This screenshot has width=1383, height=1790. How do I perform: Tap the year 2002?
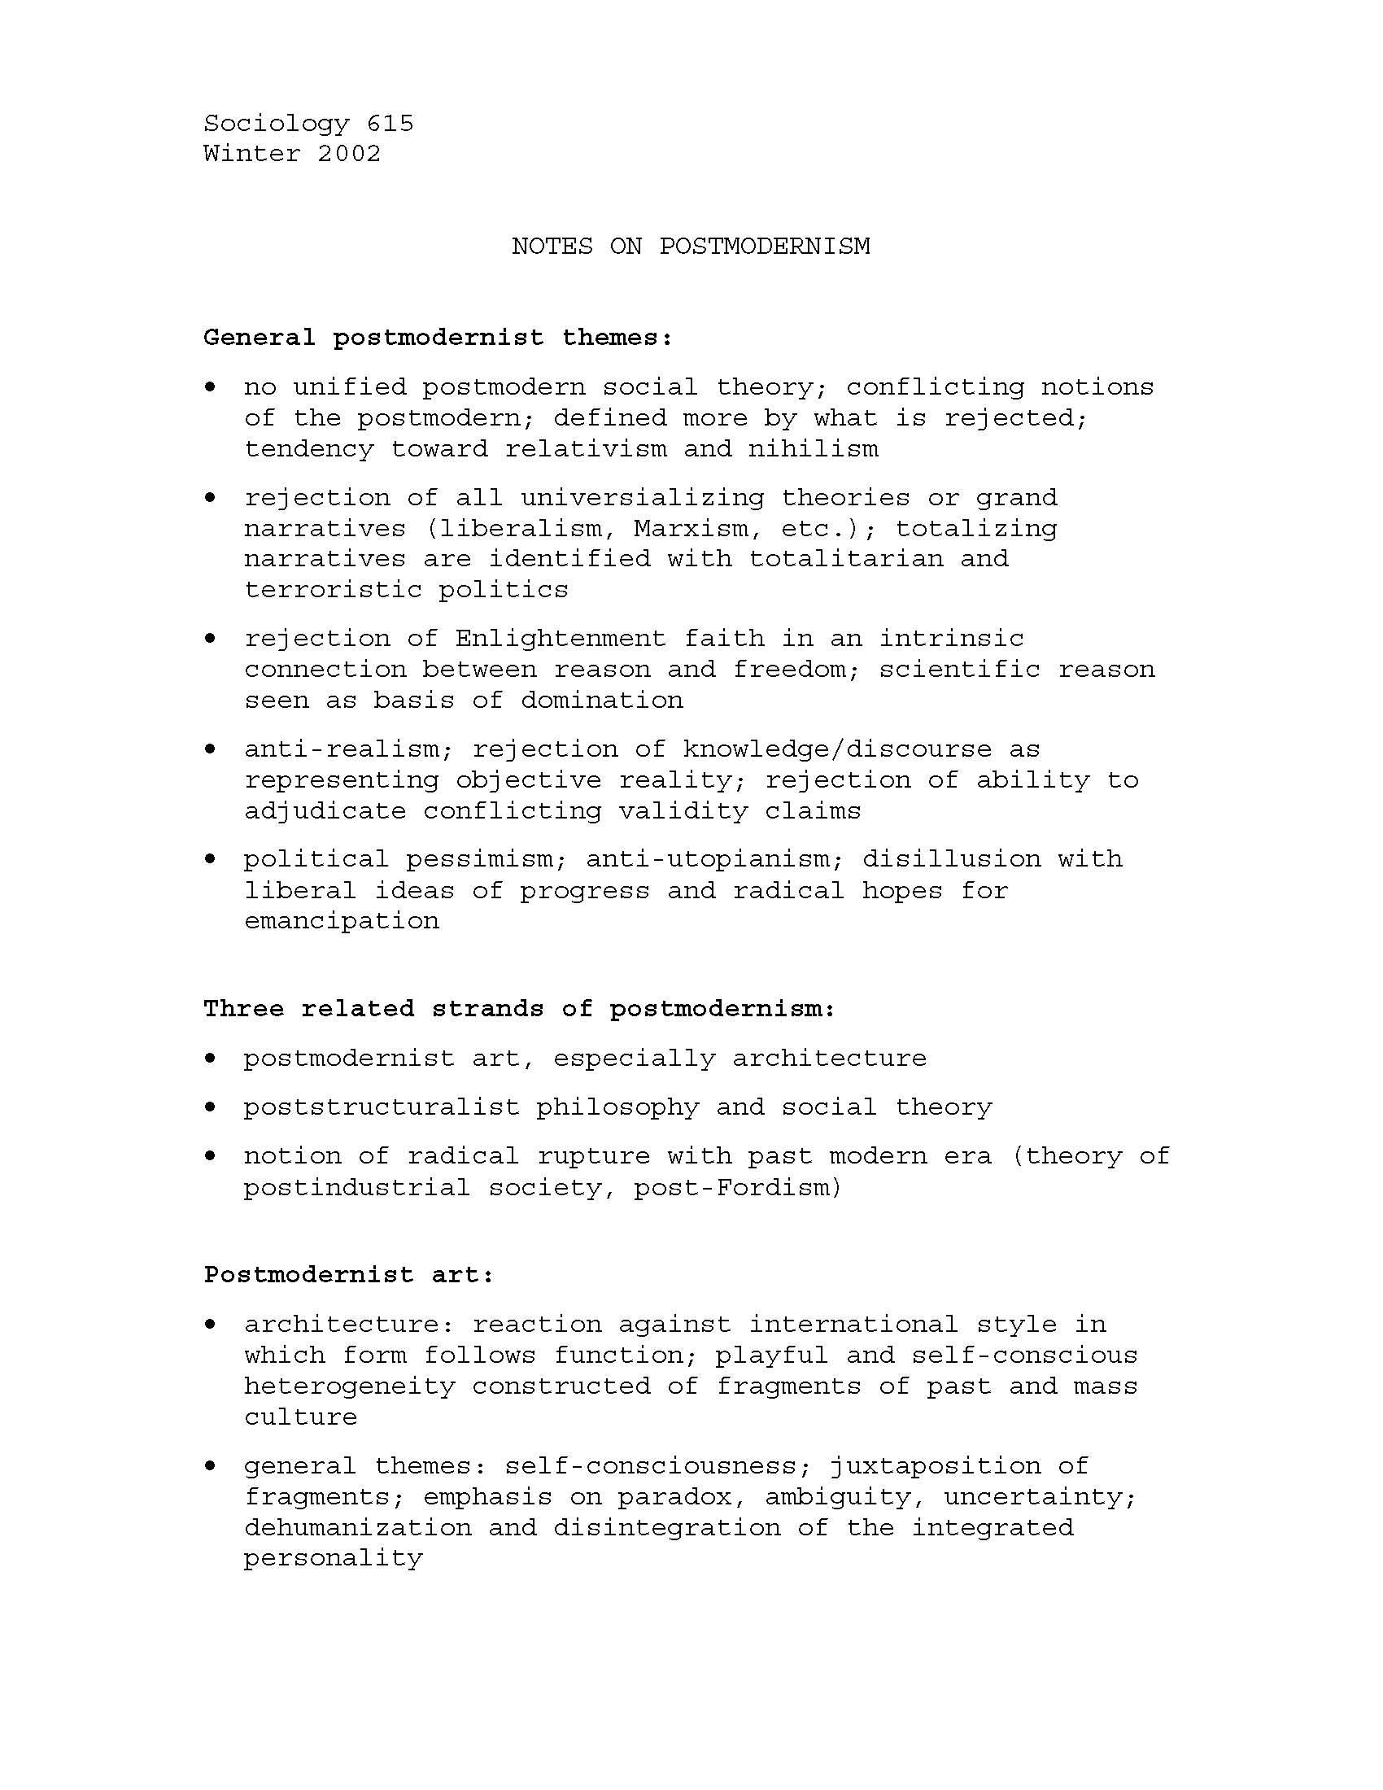(x=349, y=153)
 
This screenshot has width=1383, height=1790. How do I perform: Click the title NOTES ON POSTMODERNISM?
(x=691, y=246)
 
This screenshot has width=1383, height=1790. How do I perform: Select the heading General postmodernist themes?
(x=438, y=338)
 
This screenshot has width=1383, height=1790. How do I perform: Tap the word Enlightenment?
(x=561, y=639)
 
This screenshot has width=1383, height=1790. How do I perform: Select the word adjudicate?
(x=325, y=811)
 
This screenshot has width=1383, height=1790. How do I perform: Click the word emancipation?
(x=341, y=921)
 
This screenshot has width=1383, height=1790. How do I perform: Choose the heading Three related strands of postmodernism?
(x=519, y=1009)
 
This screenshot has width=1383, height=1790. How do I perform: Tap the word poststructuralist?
(x=381, y=1107)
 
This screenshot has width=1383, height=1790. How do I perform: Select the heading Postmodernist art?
(x=348, y=1275)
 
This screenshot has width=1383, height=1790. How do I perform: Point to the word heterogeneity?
(x=349, y=1386)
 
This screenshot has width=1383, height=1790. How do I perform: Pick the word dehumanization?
(x=357, y=1528)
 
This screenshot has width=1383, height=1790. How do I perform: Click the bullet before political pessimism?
(x=212, y=858)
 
